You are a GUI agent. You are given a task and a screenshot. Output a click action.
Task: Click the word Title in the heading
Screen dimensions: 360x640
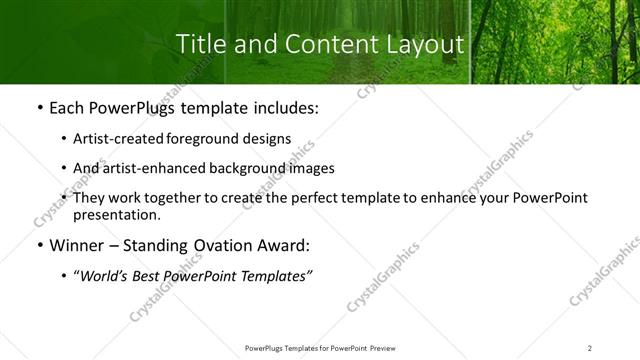pyautogui.click(x=198, y=45)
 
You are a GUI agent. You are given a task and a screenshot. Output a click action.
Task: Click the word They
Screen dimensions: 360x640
pyautogui.click(x=90, y=198)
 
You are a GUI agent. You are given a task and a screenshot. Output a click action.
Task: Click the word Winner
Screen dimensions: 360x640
pyautogui.click(x=75, y=245)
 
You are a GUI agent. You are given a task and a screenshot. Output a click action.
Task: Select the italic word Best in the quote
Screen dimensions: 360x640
pyautogui.click(x=150, y=277)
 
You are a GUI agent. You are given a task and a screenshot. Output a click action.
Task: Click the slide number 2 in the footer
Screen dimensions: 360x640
pyautogui.click(x=589, y=348)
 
